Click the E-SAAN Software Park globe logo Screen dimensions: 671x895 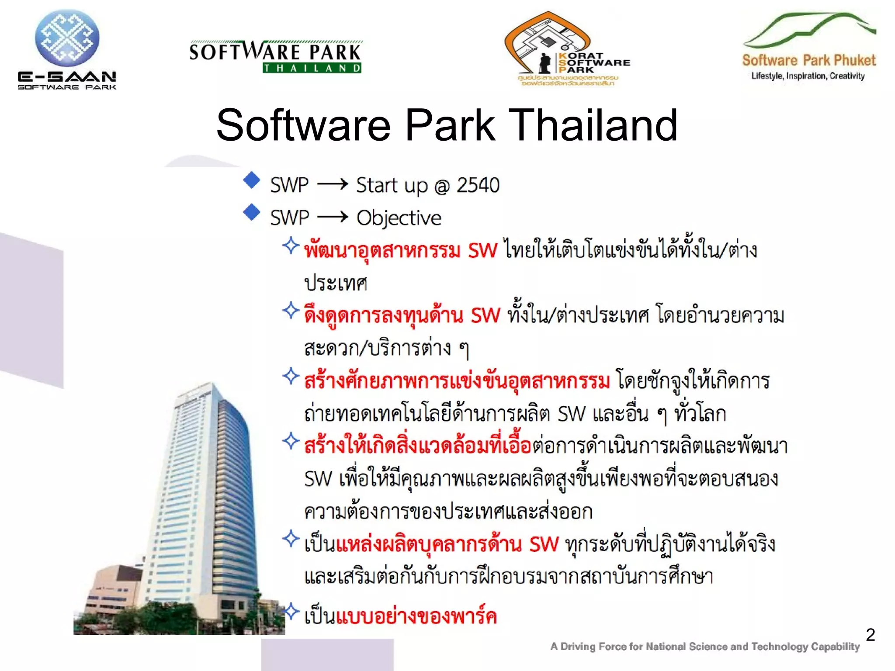point(67,38)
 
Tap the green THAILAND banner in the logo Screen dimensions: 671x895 point(312,68)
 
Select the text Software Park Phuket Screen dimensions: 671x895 point(808,60)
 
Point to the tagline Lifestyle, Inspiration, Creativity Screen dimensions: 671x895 point(808,76)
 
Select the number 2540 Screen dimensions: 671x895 point(478,185)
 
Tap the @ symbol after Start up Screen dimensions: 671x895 point(442,186)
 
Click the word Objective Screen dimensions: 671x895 point(399,218)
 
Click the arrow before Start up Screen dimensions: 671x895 point(332,184)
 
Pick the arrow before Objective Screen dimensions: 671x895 point(332,217)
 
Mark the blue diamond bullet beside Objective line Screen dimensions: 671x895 point(252,212)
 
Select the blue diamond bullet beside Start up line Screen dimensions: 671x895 point(252,180)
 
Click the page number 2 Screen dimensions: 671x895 point(870,635)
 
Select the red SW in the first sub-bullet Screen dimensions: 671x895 point(482,251)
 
